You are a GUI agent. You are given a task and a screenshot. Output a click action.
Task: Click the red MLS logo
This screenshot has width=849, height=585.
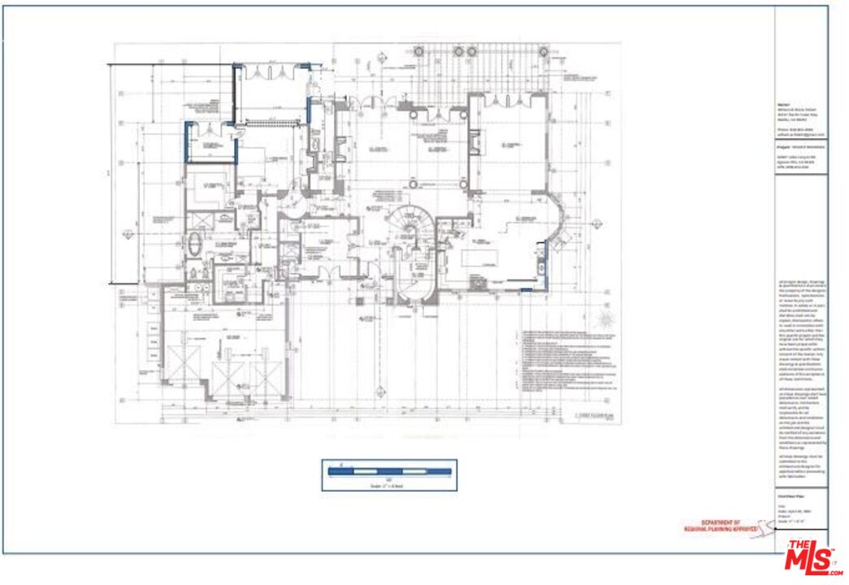click(809, 557)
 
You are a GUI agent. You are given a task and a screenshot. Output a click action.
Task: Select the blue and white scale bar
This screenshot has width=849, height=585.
click(389, 470)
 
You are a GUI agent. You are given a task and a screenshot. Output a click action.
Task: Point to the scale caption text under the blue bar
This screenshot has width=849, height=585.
click(389, 486)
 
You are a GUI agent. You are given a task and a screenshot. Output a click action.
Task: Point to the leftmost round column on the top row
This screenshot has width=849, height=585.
click(418, 51)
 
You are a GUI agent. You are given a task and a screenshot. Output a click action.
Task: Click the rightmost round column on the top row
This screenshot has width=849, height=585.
click(471, 51)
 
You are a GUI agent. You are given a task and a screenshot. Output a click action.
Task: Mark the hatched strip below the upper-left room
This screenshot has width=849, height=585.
click(268, 123)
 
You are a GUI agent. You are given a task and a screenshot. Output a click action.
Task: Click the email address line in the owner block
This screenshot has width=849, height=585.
click(799, 134)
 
